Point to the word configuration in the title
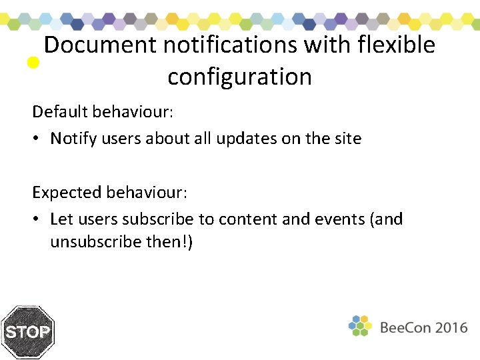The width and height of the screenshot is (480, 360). pos(239,77)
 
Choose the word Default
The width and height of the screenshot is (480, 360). pos(60,111)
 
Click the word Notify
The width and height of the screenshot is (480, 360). pos(73,139)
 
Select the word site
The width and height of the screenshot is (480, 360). pos(346,139)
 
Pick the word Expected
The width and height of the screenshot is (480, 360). pos(67,193)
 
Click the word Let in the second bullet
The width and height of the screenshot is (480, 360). pos(61,219)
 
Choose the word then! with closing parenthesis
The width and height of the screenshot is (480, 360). pos(169,241)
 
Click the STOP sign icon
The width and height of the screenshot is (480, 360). pos(27,332)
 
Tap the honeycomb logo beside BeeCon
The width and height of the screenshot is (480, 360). pos(360,326)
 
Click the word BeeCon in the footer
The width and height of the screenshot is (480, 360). pos(405,327)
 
